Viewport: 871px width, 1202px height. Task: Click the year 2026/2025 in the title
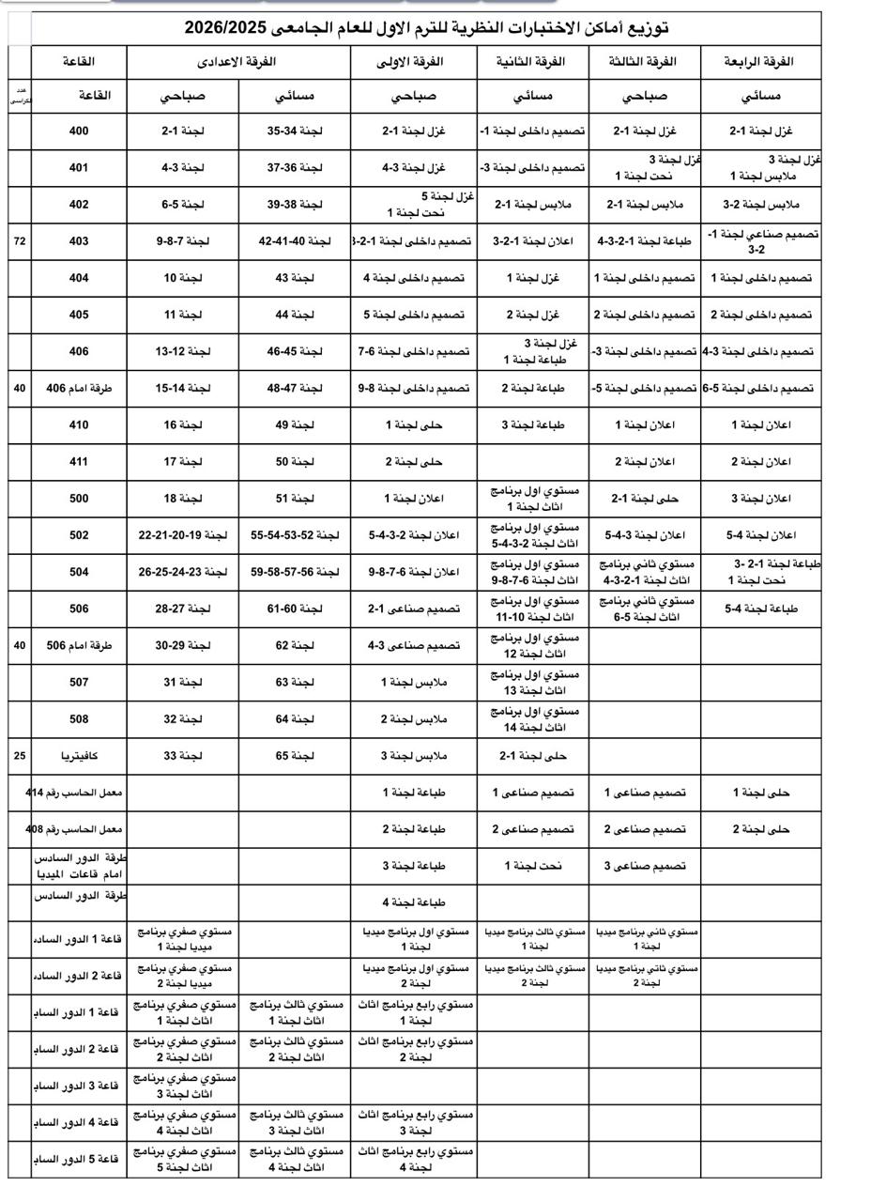[x=223, y=28]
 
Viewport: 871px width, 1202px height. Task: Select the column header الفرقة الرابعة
[x=759, y=62]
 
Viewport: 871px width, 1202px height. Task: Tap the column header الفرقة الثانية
[x=532, y=62]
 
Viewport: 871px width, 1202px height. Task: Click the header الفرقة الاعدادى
[x=237, y=62]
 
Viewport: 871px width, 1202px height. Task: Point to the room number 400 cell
[x=79, y=131]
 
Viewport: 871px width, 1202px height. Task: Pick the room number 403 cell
[x=79, y=241]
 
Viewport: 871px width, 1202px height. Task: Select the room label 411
[x=79, y=461]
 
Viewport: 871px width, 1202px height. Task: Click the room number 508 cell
[x=79, y=719]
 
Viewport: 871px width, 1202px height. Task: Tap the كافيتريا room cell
[x=79, y=756]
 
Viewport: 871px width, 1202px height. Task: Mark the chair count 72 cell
[x=20, y=241]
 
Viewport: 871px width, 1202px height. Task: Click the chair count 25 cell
[x=20, y=756]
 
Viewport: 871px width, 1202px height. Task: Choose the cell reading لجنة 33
[x=183, y=756]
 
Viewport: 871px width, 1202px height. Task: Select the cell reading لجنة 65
[x=294, y=756]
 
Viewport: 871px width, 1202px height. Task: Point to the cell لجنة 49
[x=294, y=424]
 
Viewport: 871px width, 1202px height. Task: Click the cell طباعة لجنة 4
[x=413, y=902]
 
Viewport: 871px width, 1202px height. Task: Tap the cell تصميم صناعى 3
[x=644, y=866]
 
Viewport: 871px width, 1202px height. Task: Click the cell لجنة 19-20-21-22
[x=183, y=535]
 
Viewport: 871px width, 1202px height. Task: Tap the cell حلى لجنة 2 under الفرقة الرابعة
[x=760, y=829]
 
